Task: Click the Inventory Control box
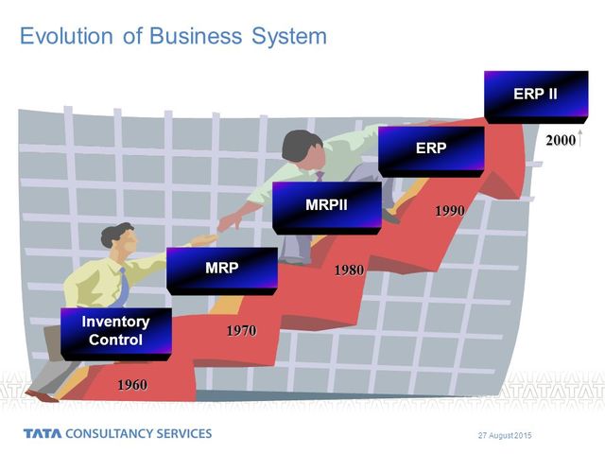coord(115,331)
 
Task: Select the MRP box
coord(221,268)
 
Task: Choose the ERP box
coord(431,148)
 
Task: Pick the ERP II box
coord(535,95)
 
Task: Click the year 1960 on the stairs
coord(131,385)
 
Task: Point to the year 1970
coord(240,331)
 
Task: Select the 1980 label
coord(349,271)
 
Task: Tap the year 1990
coord(449,211)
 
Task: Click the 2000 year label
coord(560,140)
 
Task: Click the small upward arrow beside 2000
coord(579,139)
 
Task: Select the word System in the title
coord(283,36)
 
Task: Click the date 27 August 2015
coord(506,433)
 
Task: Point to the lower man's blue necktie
coord(124,283)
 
